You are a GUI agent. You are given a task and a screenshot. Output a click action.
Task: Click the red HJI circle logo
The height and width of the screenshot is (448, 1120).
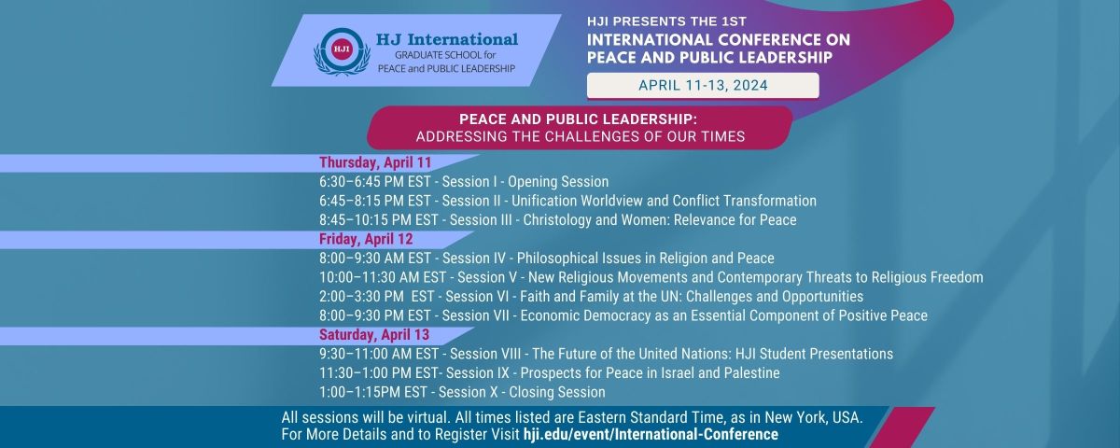pyautogui.click(x=342, y=49)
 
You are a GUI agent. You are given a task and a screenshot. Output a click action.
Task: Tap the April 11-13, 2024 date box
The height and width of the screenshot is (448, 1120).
pyautogui.click(x=703, y=86)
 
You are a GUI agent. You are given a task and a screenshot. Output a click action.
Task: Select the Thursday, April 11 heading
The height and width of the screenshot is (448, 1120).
pyautogui.click(x=375, y=162)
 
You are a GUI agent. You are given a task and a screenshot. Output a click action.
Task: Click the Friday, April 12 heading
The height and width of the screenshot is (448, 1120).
pyautogui.click(x=366, y=239)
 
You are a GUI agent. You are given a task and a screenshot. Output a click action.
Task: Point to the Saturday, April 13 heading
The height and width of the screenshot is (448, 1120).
pyautogui.click(x=374, y=334)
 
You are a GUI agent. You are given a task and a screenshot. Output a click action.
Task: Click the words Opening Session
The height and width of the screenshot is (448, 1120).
pyautogui.click(x=558, y=181)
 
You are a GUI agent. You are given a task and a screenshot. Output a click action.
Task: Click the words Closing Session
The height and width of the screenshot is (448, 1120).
pyautogui.click(x=557, y=392)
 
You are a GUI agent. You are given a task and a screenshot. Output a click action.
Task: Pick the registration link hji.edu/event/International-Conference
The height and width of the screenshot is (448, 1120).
pyautogui.click(x=651, y=434)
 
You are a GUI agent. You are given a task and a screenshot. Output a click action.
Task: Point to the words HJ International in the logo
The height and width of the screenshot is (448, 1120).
pyautogui.click(x=447, y=39)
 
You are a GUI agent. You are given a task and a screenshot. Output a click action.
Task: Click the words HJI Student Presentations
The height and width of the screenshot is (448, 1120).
pyautogui.click(x=814, y=354)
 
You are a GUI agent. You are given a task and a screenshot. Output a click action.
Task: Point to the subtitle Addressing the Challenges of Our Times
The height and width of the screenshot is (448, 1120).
pyautogui.click(x=581, y=136)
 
